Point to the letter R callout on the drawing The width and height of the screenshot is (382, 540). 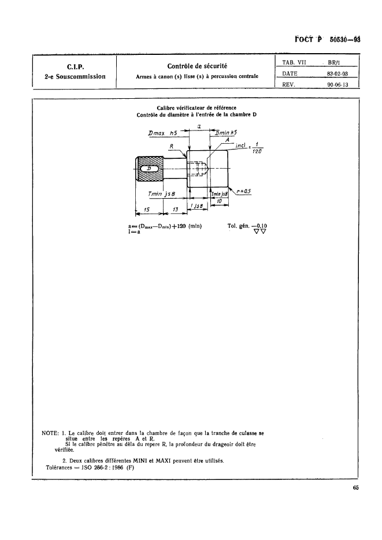pyautogui.click(x=171, y=146)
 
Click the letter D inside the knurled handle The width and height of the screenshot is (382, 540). pyautogui.click(x=150, y=169)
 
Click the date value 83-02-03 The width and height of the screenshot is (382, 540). pyautogui.click(x=338, y=73)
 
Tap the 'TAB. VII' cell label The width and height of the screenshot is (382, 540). pyautogui.click(x=291, y=61)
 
